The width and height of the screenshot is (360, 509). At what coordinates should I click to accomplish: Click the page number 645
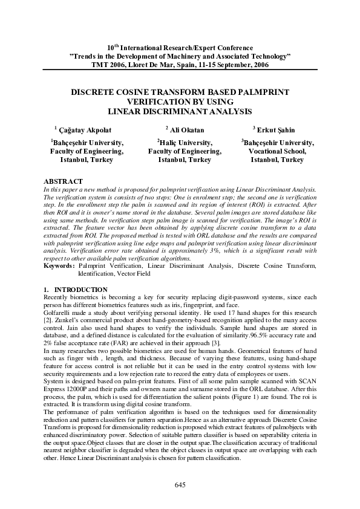tap(180, 485)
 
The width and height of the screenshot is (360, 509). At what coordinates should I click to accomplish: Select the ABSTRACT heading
tap(64, 181)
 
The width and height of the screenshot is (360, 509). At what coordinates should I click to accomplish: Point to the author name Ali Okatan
tap(186, 130)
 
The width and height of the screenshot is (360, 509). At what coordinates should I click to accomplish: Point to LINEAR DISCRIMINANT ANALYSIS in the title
tap(180, 111)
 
